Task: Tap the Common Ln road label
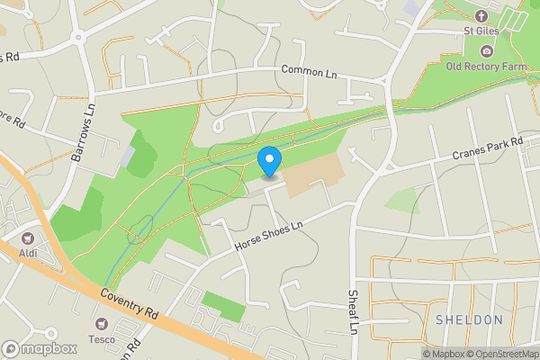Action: tap(308, 70)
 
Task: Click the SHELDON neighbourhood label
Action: tap(469, 319)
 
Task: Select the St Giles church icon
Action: tap(481, 16)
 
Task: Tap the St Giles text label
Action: tap(481, 31)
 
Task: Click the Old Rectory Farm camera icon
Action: tap(487, 51)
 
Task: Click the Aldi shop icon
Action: tap(27, 239)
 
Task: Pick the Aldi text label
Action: tap(27, 256)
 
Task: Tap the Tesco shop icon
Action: tap(101, 322)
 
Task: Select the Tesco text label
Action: tap(101, 338)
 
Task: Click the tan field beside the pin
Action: tap(315, 176)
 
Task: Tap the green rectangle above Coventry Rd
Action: tap(222, 306)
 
